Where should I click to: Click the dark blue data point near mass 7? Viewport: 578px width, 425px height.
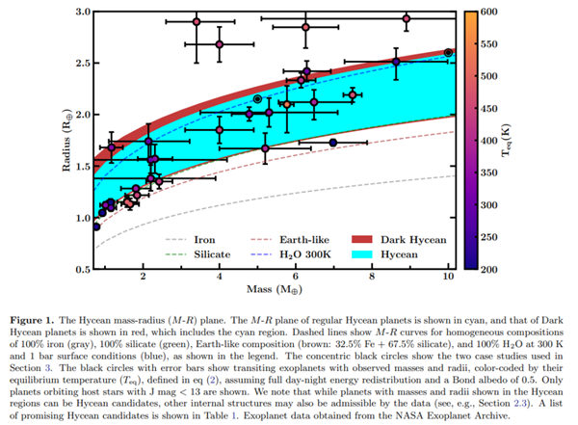coord(333,143)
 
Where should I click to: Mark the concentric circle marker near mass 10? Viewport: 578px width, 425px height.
coord(448,52)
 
